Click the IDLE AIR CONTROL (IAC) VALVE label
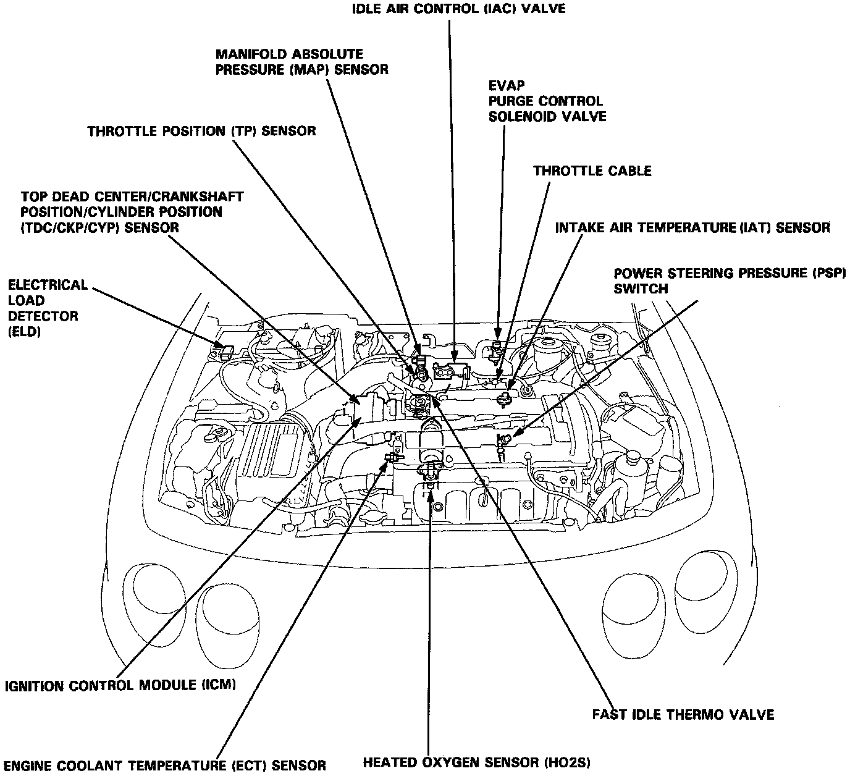coord(458,9)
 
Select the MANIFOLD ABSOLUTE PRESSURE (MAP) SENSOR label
coord(301,62)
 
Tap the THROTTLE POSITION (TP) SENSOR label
coord(201,131)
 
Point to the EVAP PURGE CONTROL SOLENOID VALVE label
coord(547,101)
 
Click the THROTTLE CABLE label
coord(592,171)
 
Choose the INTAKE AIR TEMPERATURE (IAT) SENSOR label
coord(692,228)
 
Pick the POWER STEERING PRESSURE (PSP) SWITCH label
coord(729,280)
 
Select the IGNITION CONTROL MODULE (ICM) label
coord(120,685)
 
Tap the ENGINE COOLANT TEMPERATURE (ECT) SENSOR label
coord(165,764)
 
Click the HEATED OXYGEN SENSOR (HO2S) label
coord(476,763)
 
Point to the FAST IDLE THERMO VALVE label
coord(683,715)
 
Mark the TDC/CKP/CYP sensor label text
coord(131,212)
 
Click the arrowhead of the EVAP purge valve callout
coord(498,337)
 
